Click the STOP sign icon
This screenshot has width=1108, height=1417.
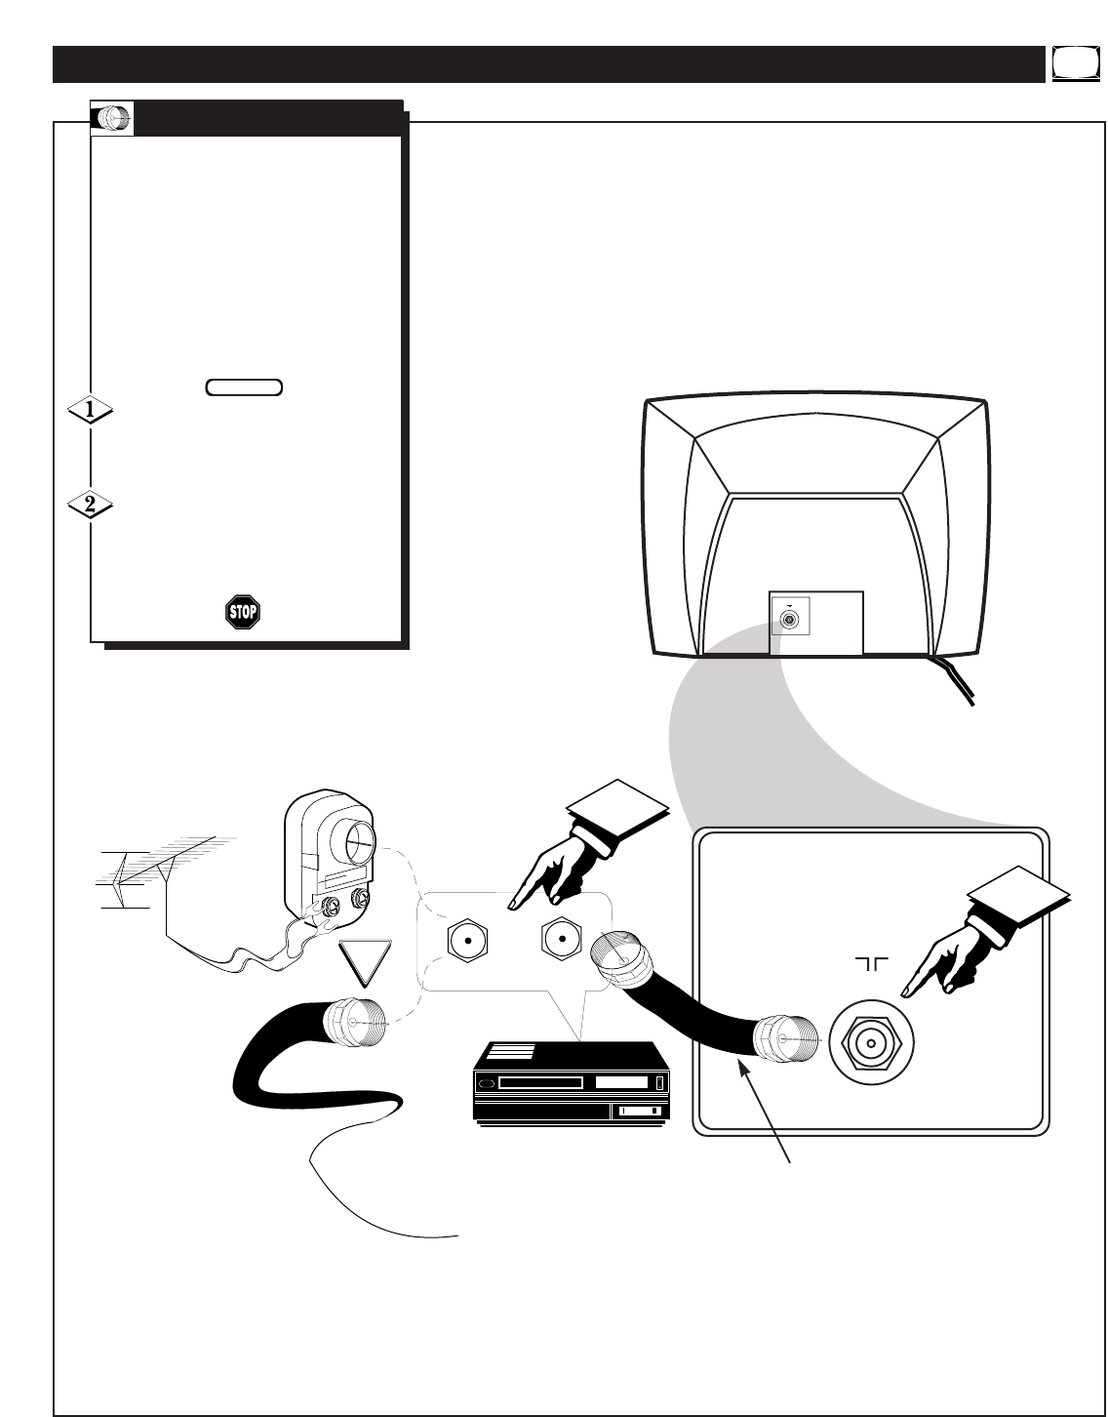tap(242, 612)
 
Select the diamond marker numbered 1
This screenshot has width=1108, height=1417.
tap(90, 412)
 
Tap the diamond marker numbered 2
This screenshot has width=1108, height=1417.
tap(90, 506)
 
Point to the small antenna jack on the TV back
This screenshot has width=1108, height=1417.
tap(789, 620)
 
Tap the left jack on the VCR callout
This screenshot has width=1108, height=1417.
tap(467, 943)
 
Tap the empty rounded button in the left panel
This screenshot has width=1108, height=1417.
tap(244, 387)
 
